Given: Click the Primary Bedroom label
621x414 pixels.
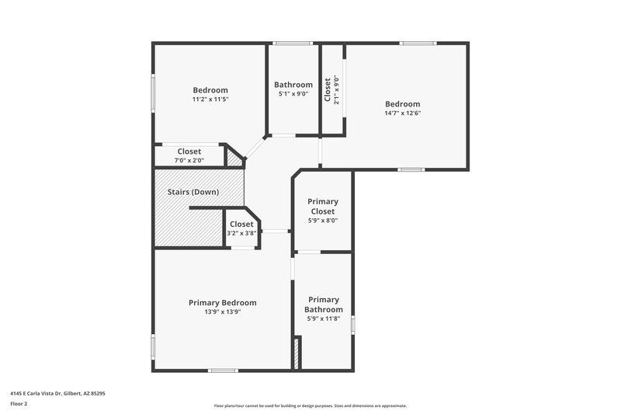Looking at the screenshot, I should pyautogui.click(x=222, y=302).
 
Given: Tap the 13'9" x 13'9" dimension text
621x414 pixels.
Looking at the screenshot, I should pyautogui.click(x=222, y=312).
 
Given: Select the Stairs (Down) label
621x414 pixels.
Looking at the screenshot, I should pyautogui.click(x=193, y=192).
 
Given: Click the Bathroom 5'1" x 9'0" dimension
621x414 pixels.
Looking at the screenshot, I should pyautogui.click(x=293, y=94).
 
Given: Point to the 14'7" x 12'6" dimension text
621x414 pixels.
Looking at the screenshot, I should pyautogui.click(x=403, y=113).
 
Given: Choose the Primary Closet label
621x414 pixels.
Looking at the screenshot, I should pyautogui.click(x=323, y=206).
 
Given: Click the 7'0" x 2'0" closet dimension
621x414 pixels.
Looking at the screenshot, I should pyautogui.click(x=189, y=160).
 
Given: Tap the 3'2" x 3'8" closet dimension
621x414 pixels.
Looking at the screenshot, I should pyautogui.click(x=241, y=233).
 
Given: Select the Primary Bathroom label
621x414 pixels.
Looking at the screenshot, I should pyautogui.click(x=324, y=304).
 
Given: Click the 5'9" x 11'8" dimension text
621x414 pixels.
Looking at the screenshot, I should pyautogui.click(x=324, y=319).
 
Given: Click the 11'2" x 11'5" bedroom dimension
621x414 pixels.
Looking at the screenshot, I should pyautogui.click(x=210, y=99).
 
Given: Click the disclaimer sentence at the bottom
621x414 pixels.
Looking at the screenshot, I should pyautogui.click(x=310, y=405).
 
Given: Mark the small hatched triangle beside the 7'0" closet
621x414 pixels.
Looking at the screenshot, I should pyautogui.click(x=233, y=158).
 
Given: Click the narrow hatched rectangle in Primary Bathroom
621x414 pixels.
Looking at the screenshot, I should pyautogui.click(x=295, y=353).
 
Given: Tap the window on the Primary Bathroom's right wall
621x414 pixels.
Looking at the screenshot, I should pyautogui.click(x=352, y=325).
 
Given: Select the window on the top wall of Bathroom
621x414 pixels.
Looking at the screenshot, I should pyautogui.click(x=293, y=43).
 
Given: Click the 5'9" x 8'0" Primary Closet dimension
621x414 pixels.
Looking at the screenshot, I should pyautogui.click(x=323, y=221).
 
